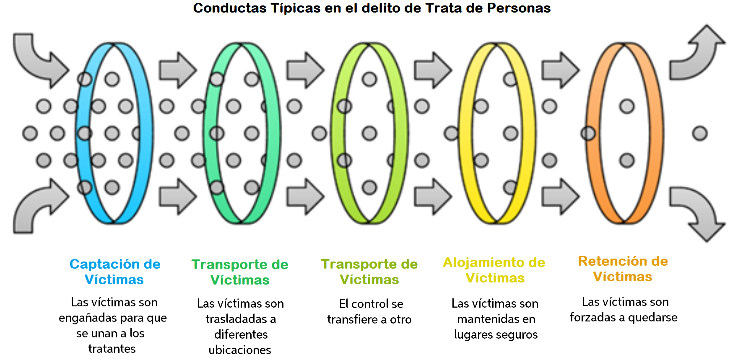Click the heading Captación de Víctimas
pos(114,272)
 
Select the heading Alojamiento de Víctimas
pos(494,270)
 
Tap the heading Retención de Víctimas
pos(623,269)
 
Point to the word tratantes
pos(112,349)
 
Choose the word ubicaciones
pos(240,350)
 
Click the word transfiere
pos(352,320)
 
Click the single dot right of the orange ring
pos(699,134)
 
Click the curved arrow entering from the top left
pos(38,59)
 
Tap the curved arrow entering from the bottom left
pos(38,207)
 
